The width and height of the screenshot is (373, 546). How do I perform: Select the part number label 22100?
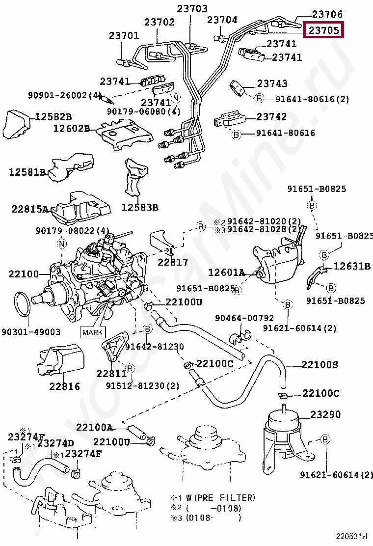(24, 273)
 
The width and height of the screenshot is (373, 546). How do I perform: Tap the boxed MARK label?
(93, 332)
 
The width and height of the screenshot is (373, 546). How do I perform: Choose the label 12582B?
(53, 116)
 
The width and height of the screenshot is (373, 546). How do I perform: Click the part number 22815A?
(30, 209)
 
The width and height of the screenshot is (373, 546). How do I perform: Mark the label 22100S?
(320, 365)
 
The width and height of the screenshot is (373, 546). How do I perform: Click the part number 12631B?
(352, 266)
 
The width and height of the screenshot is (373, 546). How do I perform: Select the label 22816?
(64, 386)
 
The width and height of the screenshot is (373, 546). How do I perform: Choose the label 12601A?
(226, 272)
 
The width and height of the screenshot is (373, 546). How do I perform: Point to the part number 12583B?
(140, 207)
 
